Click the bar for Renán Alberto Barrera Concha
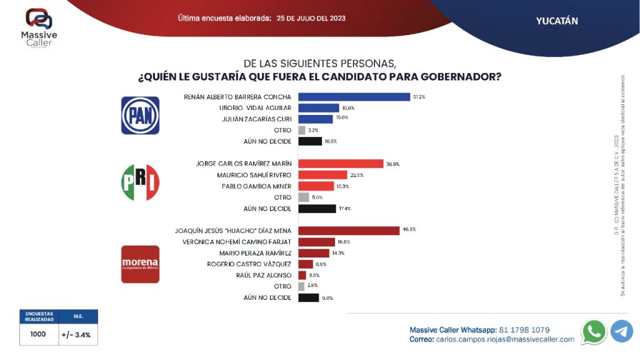point(354,97)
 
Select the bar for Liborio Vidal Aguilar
point(318,108)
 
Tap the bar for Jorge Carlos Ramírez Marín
point(341,164)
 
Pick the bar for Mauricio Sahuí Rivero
point(322,175)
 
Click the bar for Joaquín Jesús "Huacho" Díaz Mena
point(349,231)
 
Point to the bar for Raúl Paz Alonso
point(302,275)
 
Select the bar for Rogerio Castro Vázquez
point(306,264)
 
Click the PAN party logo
point(140,115)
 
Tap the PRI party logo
point(140,182)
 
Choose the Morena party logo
point(140,264)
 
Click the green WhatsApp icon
point(593,331)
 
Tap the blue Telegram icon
point(622,331)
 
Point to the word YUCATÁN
point(557,21)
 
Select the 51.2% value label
point(419,97)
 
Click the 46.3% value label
point(409,230)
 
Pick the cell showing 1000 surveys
point(38,334)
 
